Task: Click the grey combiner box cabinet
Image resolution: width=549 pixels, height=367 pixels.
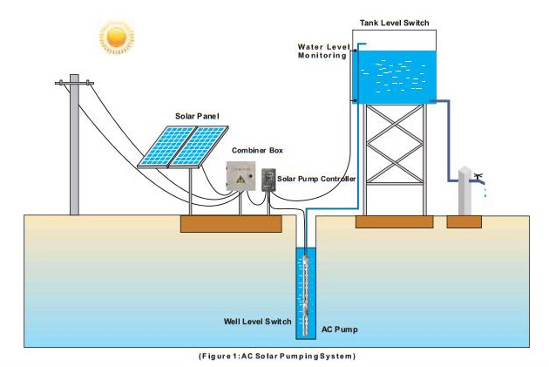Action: [x=244, y=178]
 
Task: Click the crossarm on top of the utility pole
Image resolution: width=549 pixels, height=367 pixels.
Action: [x=74, y=84]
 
